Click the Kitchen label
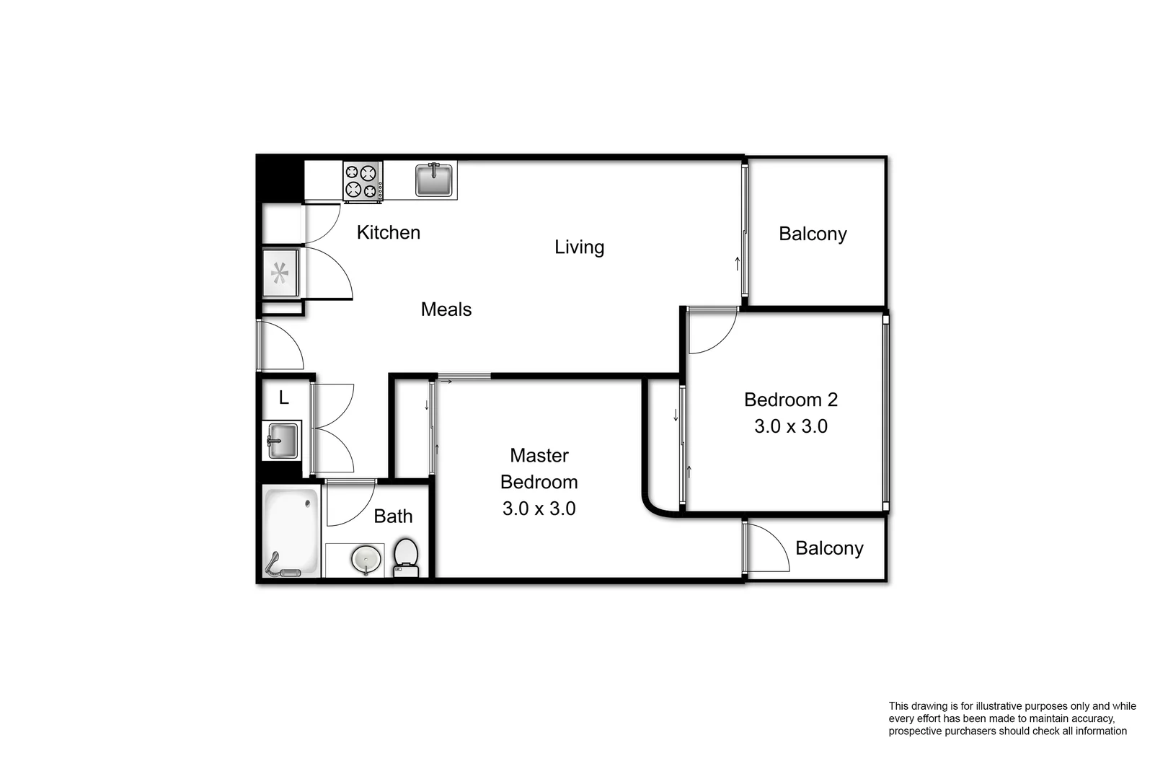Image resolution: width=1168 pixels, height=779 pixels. point(388,232)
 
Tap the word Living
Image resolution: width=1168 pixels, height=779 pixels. point(579,247)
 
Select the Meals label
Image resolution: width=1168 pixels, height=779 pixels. point(446,309)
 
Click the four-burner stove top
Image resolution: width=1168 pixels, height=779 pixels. point(362,181)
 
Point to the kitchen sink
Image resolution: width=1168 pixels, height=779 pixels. point(434,180)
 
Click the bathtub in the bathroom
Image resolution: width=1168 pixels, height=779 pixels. point(291,532)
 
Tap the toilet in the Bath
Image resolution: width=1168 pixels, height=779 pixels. point(406,558)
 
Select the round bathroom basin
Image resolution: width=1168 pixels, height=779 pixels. point(366,559)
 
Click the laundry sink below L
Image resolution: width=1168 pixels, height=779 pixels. point(282,440)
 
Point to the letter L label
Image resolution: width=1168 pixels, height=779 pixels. point(283,397)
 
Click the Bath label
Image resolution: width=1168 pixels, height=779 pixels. point(393,516)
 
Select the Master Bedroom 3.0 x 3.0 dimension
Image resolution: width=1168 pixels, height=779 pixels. point(539,509)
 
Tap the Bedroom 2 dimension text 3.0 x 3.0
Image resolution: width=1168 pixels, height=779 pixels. point(790,426)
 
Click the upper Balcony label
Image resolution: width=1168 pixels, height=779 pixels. point(813,234)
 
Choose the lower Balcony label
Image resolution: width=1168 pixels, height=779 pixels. point(829,548)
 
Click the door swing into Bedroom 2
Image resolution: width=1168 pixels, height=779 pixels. point(710,330)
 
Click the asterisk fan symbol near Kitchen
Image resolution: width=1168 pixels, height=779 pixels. point(280,273)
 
